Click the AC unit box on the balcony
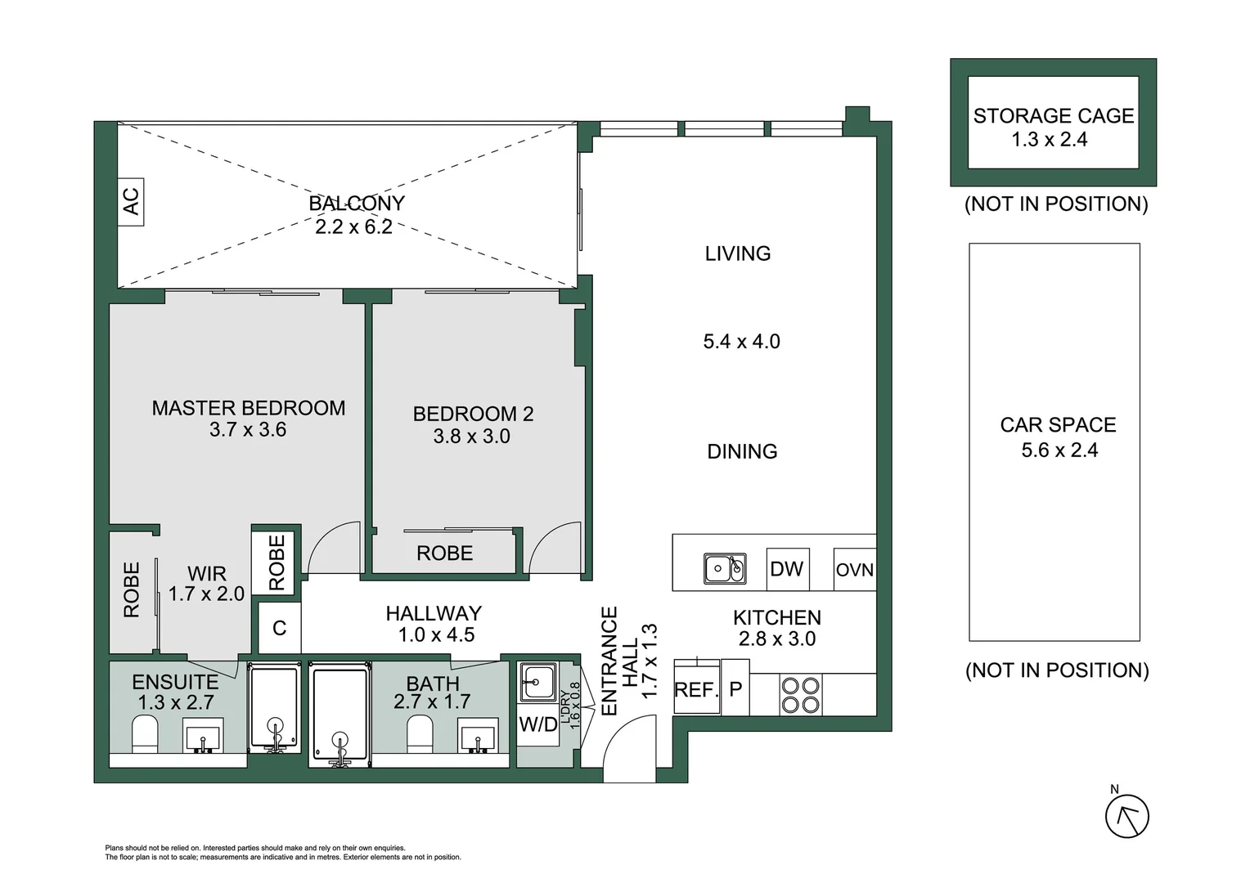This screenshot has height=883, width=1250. point(131,201)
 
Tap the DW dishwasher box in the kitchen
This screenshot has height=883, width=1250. point(787,569)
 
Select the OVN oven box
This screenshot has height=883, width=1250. point(854,570)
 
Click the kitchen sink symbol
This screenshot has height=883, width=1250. point(725,568)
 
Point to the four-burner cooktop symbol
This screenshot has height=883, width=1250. point(800,695)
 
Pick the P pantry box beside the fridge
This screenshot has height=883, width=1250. point(735,689)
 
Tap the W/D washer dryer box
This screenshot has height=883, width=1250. point(538,724)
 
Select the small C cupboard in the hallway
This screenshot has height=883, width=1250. point(279,628)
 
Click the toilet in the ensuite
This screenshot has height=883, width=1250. point(145,733)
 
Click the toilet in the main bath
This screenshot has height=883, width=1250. point(420,733)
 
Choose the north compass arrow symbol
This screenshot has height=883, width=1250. point(1126,816)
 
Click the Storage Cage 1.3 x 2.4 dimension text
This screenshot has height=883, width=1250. point(1049,140)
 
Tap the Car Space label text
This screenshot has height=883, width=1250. point(1058,425)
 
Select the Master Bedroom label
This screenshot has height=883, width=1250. point(249,408)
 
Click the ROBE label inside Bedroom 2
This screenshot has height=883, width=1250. point(444,554)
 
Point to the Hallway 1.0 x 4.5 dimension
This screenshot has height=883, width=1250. point(436,635)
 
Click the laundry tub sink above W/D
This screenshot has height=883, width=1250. point(537,681)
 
